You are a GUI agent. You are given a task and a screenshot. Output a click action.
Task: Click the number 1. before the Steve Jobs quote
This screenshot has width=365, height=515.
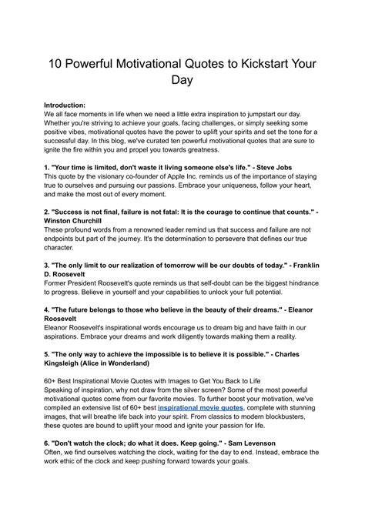47,167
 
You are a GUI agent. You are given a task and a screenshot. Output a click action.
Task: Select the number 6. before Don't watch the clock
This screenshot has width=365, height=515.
47,443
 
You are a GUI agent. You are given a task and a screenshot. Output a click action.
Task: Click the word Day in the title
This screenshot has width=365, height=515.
182,79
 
